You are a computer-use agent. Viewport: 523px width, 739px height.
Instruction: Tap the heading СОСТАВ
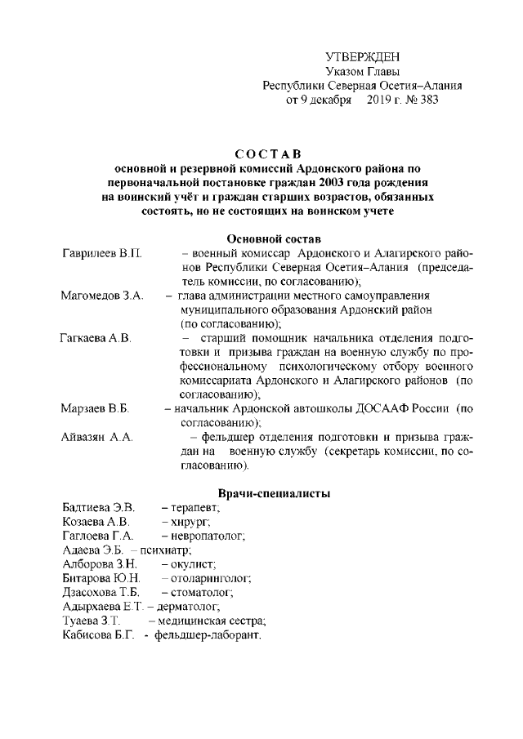point(261,153)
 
